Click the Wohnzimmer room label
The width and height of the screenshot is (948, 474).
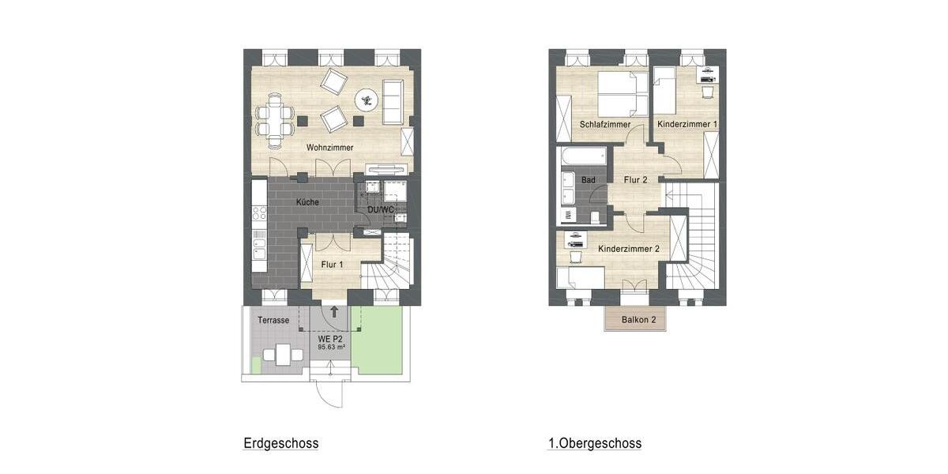click(x=329, y=148)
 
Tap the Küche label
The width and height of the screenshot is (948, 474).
click(x=307, y=202)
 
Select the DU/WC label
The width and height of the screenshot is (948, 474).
click(x=381, y=209)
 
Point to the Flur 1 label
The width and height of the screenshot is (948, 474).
click(x=332, y=265)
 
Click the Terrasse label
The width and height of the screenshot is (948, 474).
click(x=273, y=321)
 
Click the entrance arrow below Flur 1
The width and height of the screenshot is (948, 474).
click(x=334, y=312)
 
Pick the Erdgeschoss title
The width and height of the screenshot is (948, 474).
click(x=281, y=444)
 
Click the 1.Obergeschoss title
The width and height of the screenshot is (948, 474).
click(x=595, y=444)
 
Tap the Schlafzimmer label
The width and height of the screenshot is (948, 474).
click(x=604, y=125)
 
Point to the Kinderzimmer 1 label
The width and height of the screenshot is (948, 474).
click(x=687, y=125)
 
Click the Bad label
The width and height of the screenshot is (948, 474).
click(x=588, y=180)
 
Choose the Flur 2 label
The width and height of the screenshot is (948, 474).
click(x=634, y=180)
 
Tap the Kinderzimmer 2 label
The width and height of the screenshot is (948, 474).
click(x=629, y=249)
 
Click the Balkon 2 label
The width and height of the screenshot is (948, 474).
click(x=639, y=320)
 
